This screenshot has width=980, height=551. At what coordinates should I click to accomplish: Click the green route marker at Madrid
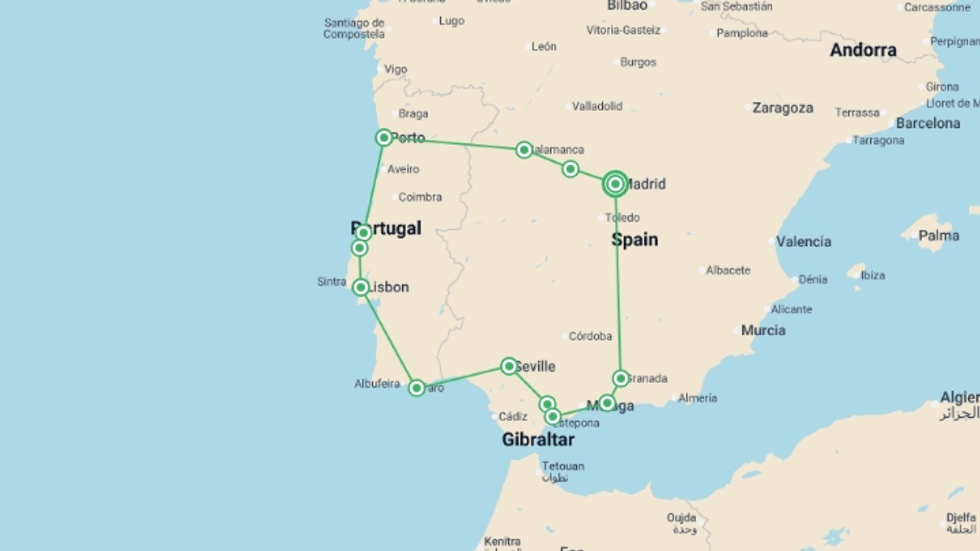pyautogui.click(x=615, y=184)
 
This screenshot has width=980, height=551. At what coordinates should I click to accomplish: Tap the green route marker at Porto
pyautogui.click(x=384, y=138)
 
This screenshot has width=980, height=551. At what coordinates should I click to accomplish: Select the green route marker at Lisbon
pyautogui.click(x=361, y=287)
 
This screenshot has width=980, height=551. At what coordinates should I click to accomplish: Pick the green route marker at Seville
pyautogui.click(x=509, y=366)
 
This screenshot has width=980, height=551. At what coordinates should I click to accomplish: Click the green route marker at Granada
pyautogui.click(x=621, y=379)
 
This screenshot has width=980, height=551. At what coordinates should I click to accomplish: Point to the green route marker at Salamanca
pyautogui.click(x=524, y=150)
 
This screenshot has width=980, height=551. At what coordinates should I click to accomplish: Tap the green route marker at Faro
pyautogui.click(x=416, y=388)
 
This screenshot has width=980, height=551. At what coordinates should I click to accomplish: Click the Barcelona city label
pyautogui.click(x=928, y=123)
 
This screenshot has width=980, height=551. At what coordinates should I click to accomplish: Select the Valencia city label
pyautogui.click(x=803, y=242)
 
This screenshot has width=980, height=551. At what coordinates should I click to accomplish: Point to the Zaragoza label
pyautogui.click(x=782, y=108)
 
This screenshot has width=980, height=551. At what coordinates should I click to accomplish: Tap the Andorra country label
pyautogui.click(x=863, y=50)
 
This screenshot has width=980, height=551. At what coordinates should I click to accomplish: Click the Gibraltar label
pyautogui.click(x=538, y=440)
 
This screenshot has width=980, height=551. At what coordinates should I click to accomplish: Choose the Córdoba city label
pyautogui.click(x=590, y=336)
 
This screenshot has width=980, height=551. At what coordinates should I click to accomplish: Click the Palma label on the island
pyautogui.click(x=939, y=236)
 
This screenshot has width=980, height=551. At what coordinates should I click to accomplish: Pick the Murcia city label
pyautogui.click(x=763, y=331)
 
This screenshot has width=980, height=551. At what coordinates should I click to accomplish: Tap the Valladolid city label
pyautogui.click(x=597, y=106)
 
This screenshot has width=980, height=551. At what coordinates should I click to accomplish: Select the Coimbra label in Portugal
pyautogui.click(x=420, y=197)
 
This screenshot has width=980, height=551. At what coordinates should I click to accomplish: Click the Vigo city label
pyautogui.click(x=396, y=69)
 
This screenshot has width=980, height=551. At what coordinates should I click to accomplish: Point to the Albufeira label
pyautogui.click(x=377, y=384)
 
